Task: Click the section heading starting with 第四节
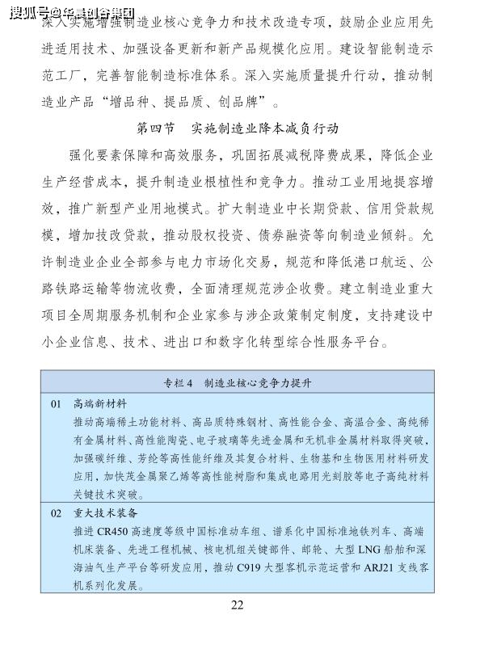(x=237, y=129)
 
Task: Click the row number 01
(x=56, y=403)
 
